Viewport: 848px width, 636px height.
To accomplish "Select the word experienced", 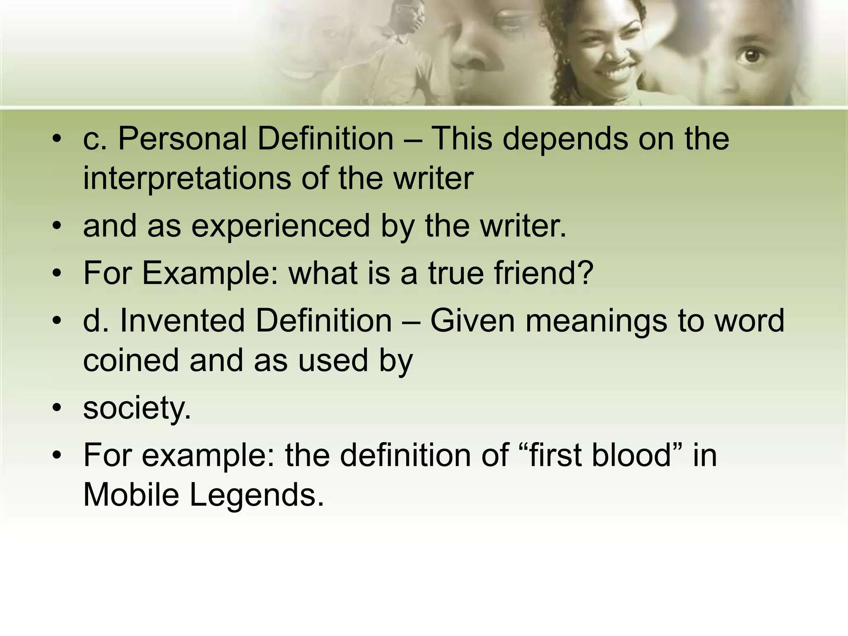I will click(280, 226).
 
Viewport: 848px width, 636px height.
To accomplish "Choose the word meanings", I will click(596, 321).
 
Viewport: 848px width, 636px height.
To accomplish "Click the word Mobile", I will click(131, 494).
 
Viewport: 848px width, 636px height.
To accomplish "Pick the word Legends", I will click(256, 495).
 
